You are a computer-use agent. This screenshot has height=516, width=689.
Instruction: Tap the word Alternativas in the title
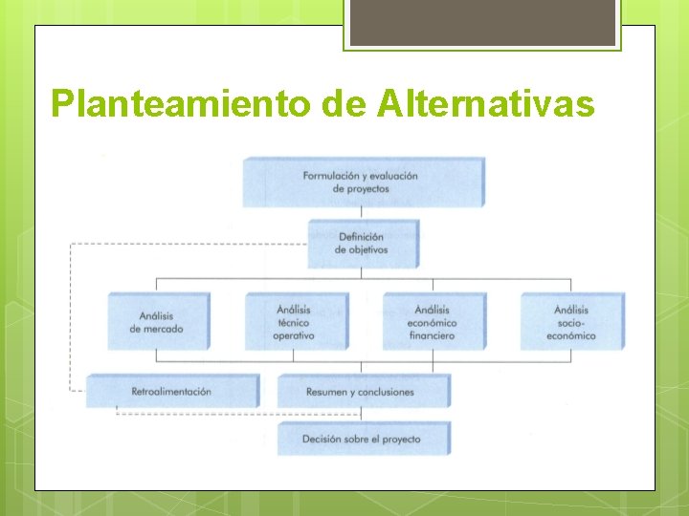(x=487, y=103)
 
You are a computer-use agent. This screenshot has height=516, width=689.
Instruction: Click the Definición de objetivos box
(x=361, y=244)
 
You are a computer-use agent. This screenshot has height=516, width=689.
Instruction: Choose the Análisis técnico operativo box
(x=294, y=322)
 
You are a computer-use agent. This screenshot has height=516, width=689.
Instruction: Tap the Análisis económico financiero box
(x=433, y=322)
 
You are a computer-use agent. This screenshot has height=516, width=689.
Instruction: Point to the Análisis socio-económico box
(x=570, y=322)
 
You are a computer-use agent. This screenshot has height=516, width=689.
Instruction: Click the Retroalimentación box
(x=171, y=392)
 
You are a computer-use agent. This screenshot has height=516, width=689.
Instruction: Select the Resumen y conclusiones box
(x=361, y=392)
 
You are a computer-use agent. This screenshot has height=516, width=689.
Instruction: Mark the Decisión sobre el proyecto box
(x=361, y=440)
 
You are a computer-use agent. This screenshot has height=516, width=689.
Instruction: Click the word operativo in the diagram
(x=294, y=336)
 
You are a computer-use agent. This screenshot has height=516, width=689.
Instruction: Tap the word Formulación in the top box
(x=332, y=176)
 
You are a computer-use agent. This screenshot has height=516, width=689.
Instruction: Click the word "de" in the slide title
(x=344, y=103)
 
